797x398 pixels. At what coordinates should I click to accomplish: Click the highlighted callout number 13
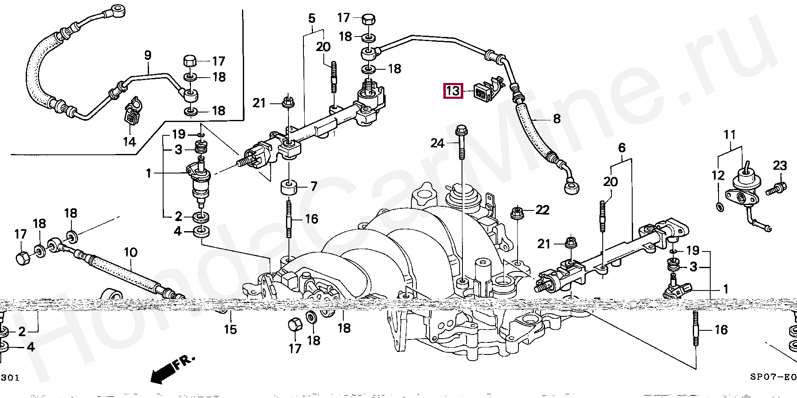454,90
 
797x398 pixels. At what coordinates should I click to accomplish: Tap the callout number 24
438,144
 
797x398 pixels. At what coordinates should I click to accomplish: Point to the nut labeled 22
517,213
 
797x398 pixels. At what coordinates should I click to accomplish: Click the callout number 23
780,166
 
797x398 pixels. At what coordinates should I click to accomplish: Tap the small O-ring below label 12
719,206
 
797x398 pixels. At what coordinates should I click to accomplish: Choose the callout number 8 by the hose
556,119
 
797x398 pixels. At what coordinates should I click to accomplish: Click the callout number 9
147,55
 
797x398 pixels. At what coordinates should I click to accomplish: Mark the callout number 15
230,330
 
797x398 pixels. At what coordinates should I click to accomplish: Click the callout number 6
621,148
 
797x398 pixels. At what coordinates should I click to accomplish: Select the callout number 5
312,18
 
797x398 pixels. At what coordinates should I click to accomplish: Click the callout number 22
542,210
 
